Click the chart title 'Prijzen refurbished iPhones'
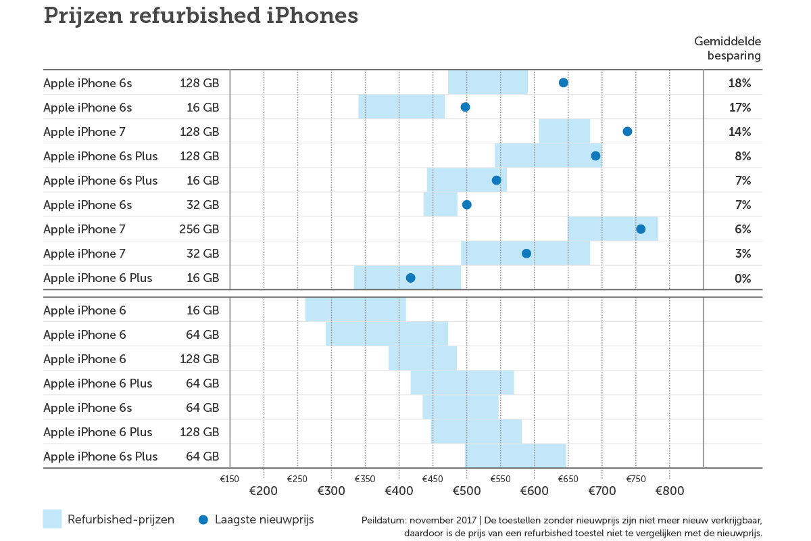[x=201, y=16]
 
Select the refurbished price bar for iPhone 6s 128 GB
[x=487, y=83]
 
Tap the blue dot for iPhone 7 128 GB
[x=627, y=131]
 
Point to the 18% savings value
[x=739, y=83]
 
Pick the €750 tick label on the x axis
[x=635, y=479]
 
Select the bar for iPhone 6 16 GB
[x=355, y=310]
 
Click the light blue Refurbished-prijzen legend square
[x=52, y=519]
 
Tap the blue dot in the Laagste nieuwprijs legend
[x=203, y=519]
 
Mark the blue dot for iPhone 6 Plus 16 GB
[x=410, y=278]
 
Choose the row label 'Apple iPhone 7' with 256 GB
[x=84, y=229]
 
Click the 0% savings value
[x=743, y=278]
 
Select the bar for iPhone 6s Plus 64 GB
[x=516, y=456]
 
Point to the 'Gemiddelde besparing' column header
[x=728, y=49]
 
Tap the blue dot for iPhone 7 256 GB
[x=641, y=229]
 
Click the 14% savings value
[x=739, y=132]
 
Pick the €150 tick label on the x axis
[x=230, y=479]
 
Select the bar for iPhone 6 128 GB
[x=422, y=358]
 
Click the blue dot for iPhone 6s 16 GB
[x=465, y=107]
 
